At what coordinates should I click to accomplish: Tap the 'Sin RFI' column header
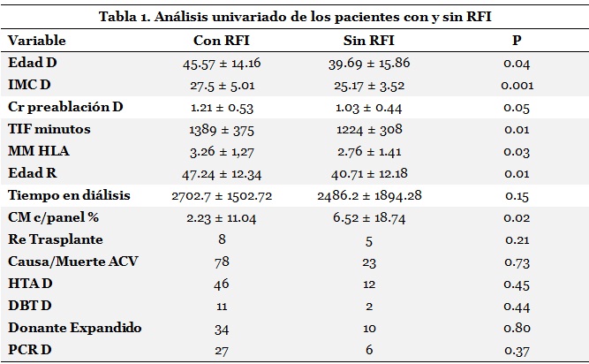pyautogui.click(x=369, y=42)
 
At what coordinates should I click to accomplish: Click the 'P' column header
pyautogui.click(x=516, y=42)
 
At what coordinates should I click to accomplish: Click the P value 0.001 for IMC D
pyautogui.click(x=516, y=86)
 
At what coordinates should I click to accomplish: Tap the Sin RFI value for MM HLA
pyautogui.click(x=369, y=151)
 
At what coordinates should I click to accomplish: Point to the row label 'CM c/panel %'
pyautogui.click(x=53, y=217)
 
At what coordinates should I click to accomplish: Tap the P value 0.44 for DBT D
pyautogui.click(x=516, y=306)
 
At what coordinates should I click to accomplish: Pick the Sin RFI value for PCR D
pyautogui.click(x=369, y=350)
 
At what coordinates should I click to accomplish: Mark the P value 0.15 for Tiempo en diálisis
pyautogui.click(x=516, y=195)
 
